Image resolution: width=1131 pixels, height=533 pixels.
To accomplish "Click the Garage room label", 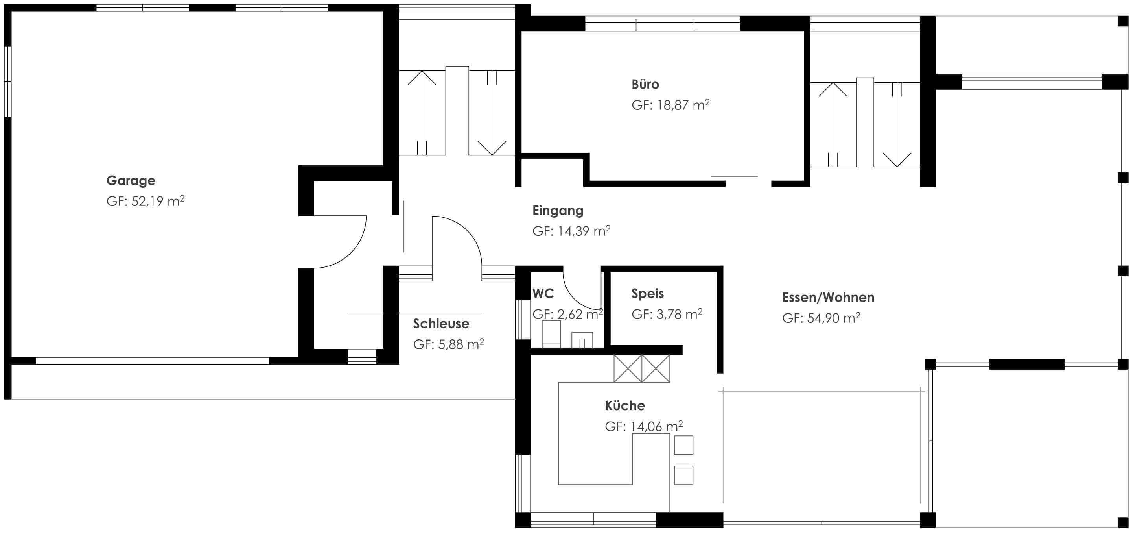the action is click(x=131, y=181).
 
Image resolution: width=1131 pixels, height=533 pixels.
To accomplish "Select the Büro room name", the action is click(x=645, y=84).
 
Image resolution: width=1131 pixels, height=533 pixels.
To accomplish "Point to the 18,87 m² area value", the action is click(x=683, y=105).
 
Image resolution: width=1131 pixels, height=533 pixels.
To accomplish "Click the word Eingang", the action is click(x=558, y=211).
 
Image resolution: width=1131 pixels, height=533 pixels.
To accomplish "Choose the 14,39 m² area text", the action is click(x=584, y=231).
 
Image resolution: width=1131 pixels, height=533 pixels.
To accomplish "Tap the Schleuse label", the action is click(x=441, y=324).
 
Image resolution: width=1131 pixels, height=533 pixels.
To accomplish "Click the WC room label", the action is click(x=543, y=293).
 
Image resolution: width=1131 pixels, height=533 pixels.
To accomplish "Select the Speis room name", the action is click(x=648, y=294).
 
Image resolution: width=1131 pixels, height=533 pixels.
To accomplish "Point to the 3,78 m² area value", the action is click(x=680, y=314).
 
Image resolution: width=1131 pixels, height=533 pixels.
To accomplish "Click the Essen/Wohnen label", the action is click(x=828, y=298).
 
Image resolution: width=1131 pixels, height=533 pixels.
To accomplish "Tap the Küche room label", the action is click(x=625, y=405).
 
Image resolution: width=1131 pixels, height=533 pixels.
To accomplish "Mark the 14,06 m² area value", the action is click(x=656, y=426).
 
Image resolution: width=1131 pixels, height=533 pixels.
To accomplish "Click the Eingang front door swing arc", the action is click(x=468, y=231).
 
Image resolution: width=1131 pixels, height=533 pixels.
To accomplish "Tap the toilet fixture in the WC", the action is click(x=551, y=334).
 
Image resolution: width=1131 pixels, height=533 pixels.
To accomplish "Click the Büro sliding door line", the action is click(x=735, y=176).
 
